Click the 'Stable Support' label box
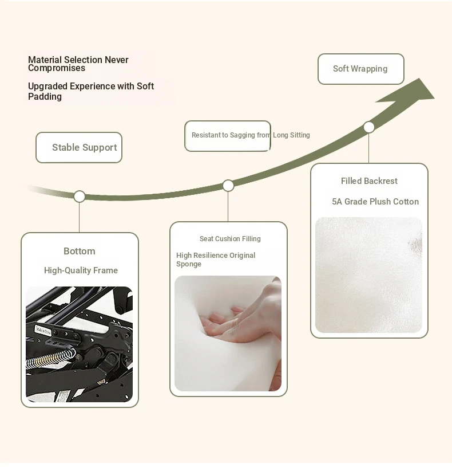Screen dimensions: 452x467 click(79, 147)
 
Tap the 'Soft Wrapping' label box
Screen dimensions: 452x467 click(360, 69)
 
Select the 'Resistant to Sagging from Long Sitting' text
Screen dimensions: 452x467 click(251, 135)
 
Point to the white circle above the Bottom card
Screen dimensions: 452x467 click(80, 197)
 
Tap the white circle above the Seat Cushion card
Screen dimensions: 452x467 click(228, 186)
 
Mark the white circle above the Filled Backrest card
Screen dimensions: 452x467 click(368, 127)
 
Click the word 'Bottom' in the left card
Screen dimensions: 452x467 click(80, 251)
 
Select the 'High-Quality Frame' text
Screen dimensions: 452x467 click(81, 270)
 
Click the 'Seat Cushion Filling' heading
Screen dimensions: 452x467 click(230, 239)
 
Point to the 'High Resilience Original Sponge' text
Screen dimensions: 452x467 click(216, 260)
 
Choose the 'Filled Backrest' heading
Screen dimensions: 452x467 click(369, 181)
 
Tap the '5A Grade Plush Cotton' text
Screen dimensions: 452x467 click(375, 202)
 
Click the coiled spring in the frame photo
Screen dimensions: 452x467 click(50, 358)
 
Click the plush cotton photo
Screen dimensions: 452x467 click(368, 275)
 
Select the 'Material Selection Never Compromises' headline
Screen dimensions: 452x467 click(78, 64)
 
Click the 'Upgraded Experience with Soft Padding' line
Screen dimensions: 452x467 click(91, 91)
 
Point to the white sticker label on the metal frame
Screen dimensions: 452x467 click(43, 331)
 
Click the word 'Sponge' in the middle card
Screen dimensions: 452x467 click(189, 264)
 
